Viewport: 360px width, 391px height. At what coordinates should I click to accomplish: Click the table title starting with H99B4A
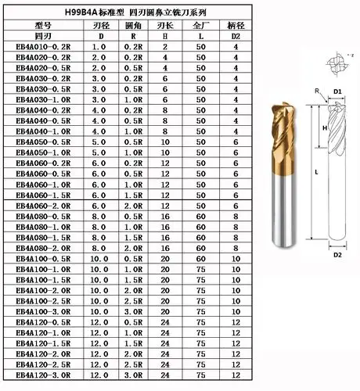135,13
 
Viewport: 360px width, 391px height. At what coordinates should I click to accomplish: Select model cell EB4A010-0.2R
43,47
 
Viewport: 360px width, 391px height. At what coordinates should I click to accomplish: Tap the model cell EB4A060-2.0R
43,206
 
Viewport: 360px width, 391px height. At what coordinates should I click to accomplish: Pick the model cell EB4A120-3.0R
43,375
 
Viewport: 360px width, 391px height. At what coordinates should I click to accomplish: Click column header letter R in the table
133,36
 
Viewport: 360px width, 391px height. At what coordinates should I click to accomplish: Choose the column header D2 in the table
236,36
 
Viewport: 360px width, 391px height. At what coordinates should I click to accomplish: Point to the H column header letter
165,36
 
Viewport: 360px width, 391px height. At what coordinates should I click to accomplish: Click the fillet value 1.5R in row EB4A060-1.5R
133,195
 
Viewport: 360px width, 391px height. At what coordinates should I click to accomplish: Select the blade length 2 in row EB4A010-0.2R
165,47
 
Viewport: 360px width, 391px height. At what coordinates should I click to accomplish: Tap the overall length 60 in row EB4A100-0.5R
201,259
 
